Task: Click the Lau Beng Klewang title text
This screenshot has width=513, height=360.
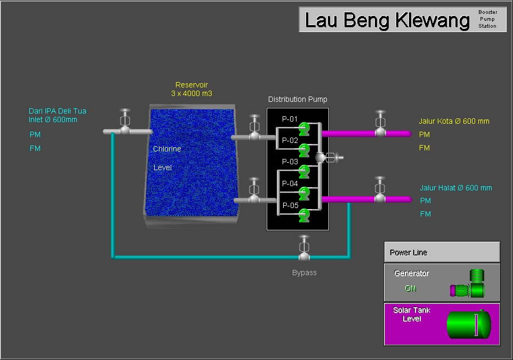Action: (387, 20)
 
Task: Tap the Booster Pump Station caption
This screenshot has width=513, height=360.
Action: (487, 19)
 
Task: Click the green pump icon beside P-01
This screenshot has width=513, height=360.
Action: (304, 128)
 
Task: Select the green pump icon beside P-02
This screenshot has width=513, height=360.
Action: (304, 149)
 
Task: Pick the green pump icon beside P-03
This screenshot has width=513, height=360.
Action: (304, 171)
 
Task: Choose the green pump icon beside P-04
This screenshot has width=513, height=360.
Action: (304, 193)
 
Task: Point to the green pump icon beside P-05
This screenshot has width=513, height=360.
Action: (304, 214)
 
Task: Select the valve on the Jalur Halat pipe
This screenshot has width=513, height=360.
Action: (380, 194)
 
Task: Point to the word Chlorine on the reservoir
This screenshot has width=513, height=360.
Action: (167, 149)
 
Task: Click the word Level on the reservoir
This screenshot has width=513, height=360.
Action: (162, 167)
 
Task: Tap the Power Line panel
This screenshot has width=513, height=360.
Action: (442, 252)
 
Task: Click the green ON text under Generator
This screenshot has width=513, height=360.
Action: (410, 289)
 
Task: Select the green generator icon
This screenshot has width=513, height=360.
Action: (469, 285)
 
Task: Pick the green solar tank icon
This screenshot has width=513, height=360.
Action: (468, 324)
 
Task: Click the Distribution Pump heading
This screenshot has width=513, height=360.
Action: (298, 99)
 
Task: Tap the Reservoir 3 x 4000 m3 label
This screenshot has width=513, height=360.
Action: (191, 89)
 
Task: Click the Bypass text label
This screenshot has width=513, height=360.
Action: (304, 273)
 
